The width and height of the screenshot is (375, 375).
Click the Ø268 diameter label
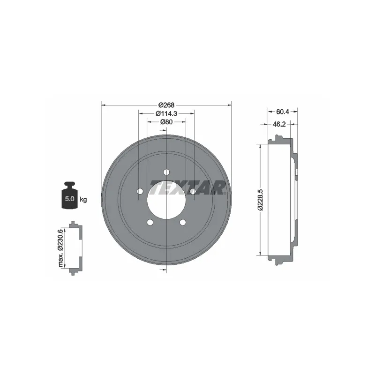pos(166,105)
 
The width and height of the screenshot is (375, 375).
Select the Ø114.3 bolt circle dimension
pos(166,113)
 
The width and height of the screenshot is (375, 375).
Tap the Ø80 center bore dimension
pos(166,122)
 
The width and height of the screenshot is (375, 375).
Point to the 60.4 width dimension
pos(283,112)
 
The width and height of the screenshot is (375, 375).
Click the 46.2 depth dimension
pos(279,124)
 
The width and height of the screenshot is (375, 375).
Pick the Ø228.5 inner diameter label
pos(260,200)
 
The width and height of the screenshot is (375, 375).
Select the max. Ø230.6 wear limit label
pos(60,248)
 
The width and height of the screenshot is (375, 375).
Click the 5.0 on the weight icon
pos(69,198)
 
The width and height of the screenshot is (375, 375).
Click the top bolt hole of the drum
pos(166,172)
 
